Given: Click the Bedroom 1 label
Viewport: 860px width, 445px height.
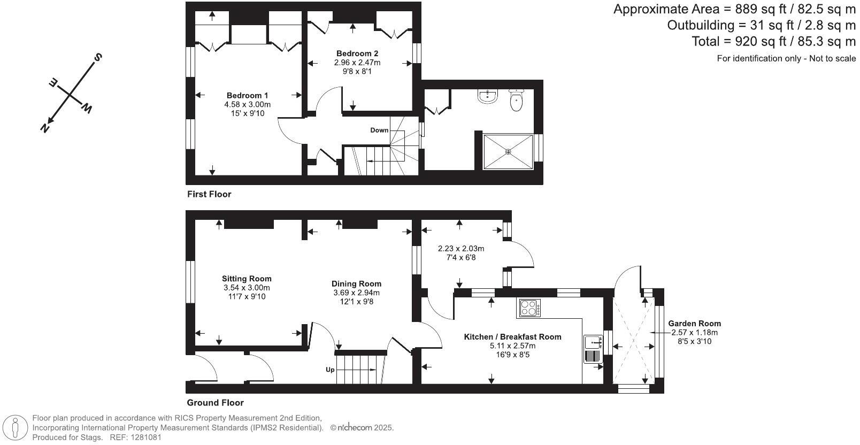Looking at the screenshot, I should tap(247, 96).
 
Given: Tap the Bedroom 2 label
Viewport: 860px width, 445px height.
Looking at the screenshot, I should tap(357, 53).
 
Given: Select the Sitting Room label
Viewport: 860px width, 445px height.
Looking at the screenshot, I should tap(247, 279).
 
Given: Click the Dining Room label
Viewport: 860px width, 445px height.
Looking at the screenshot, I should tap(356, 284).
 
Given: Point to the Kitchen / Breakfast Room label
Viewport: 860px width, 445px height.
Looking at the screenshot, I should tap(512, 337).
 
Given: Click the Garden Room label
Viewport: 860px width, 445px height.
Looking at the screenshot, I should tap(694, 324).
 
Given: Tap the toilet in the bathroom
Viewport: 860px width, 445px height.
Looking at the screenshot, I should tap(516, 101).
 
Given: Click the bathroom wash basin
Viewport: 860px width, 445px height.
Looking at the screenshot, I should tap(487, 96).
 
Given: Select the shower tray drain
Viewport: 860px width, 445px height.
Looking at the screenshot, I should tap(508, 152).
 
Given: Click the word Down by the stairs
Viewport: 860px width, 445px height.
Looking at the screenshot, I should tap(379, 131).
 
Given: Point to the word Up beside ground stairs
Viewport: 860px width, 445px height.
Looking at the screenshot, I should tap(331, 370).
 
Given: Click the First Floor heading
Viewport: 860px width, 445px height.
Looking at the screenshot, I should tap(209, 194).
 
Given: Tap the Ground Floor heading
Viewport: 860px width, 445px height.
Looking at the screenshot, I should tap(215, 403).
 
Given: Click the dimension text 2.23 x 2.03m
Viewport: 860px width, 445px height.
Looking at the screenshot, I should tap(460, 249).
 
